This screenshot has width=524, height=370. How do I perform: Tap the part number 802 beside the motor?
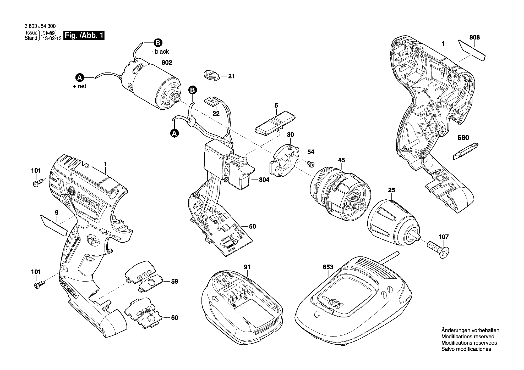[167, 63]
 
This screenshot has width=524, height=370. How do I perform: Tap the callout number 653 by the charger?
[328, 267]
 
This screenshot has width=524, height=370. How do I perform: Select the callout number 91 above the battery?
[247, 267]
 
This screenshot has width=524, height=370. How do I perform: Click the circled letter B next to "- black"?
[158, 43]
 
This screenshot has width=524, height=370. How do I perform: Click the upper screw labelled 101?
[38, 183]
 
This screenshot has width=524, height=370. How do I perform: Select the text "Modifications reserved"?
[468, 337]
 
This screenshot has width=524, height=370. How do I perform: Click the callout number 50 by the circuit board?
[252, 226]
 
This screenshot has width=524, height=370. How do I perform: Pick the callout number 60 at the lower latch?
[174, 318]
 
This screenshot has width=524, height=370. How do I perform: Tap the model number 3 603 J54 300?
[40, 26]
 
